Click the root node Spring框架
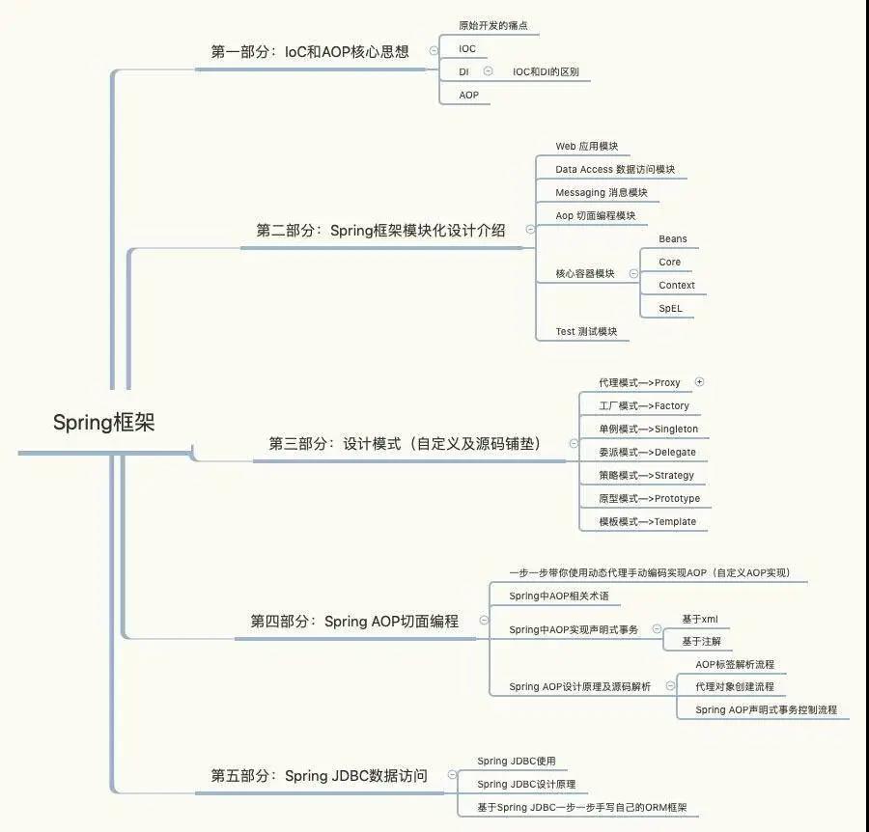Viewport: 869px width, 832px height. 103,423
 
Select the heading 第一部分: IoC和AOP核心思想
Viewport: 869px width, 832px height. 310,51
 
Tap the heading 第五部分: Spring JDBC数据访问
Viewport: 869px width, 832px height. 319,775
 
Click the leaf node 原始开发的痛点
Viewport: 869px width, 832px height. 493,25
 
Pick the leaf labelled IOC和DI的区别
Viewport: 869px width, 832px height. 546,72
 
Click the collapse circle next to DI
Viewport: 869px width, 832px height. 489,70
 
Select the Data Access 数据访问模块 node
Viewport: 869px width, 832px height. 615,170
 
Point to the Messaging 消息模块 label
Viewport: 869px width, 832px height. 602,193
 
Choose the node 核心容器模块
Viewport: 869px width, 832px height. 585,274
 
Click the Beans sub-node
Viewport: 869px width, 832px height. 673,238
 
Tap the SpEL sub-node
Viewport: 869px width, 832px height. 670,309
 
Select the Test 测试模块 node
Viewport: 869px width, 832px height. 586,332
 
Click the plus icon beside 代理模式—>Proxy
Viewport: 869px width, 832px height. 699,381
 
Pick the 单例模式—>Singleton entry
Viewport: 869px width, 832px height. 649,430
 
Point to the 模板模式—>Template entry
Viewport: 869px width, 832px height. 647,522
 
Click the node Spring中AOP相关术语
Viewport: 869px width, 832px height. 559,596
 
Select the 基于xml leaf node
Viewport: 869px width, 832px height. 700,620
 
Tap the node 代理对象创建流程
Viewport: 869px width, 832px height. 735,687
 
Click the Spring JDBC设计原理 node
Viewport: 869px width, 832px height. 526,785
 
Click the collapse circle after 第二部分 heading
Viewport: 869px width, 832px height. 530,230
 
